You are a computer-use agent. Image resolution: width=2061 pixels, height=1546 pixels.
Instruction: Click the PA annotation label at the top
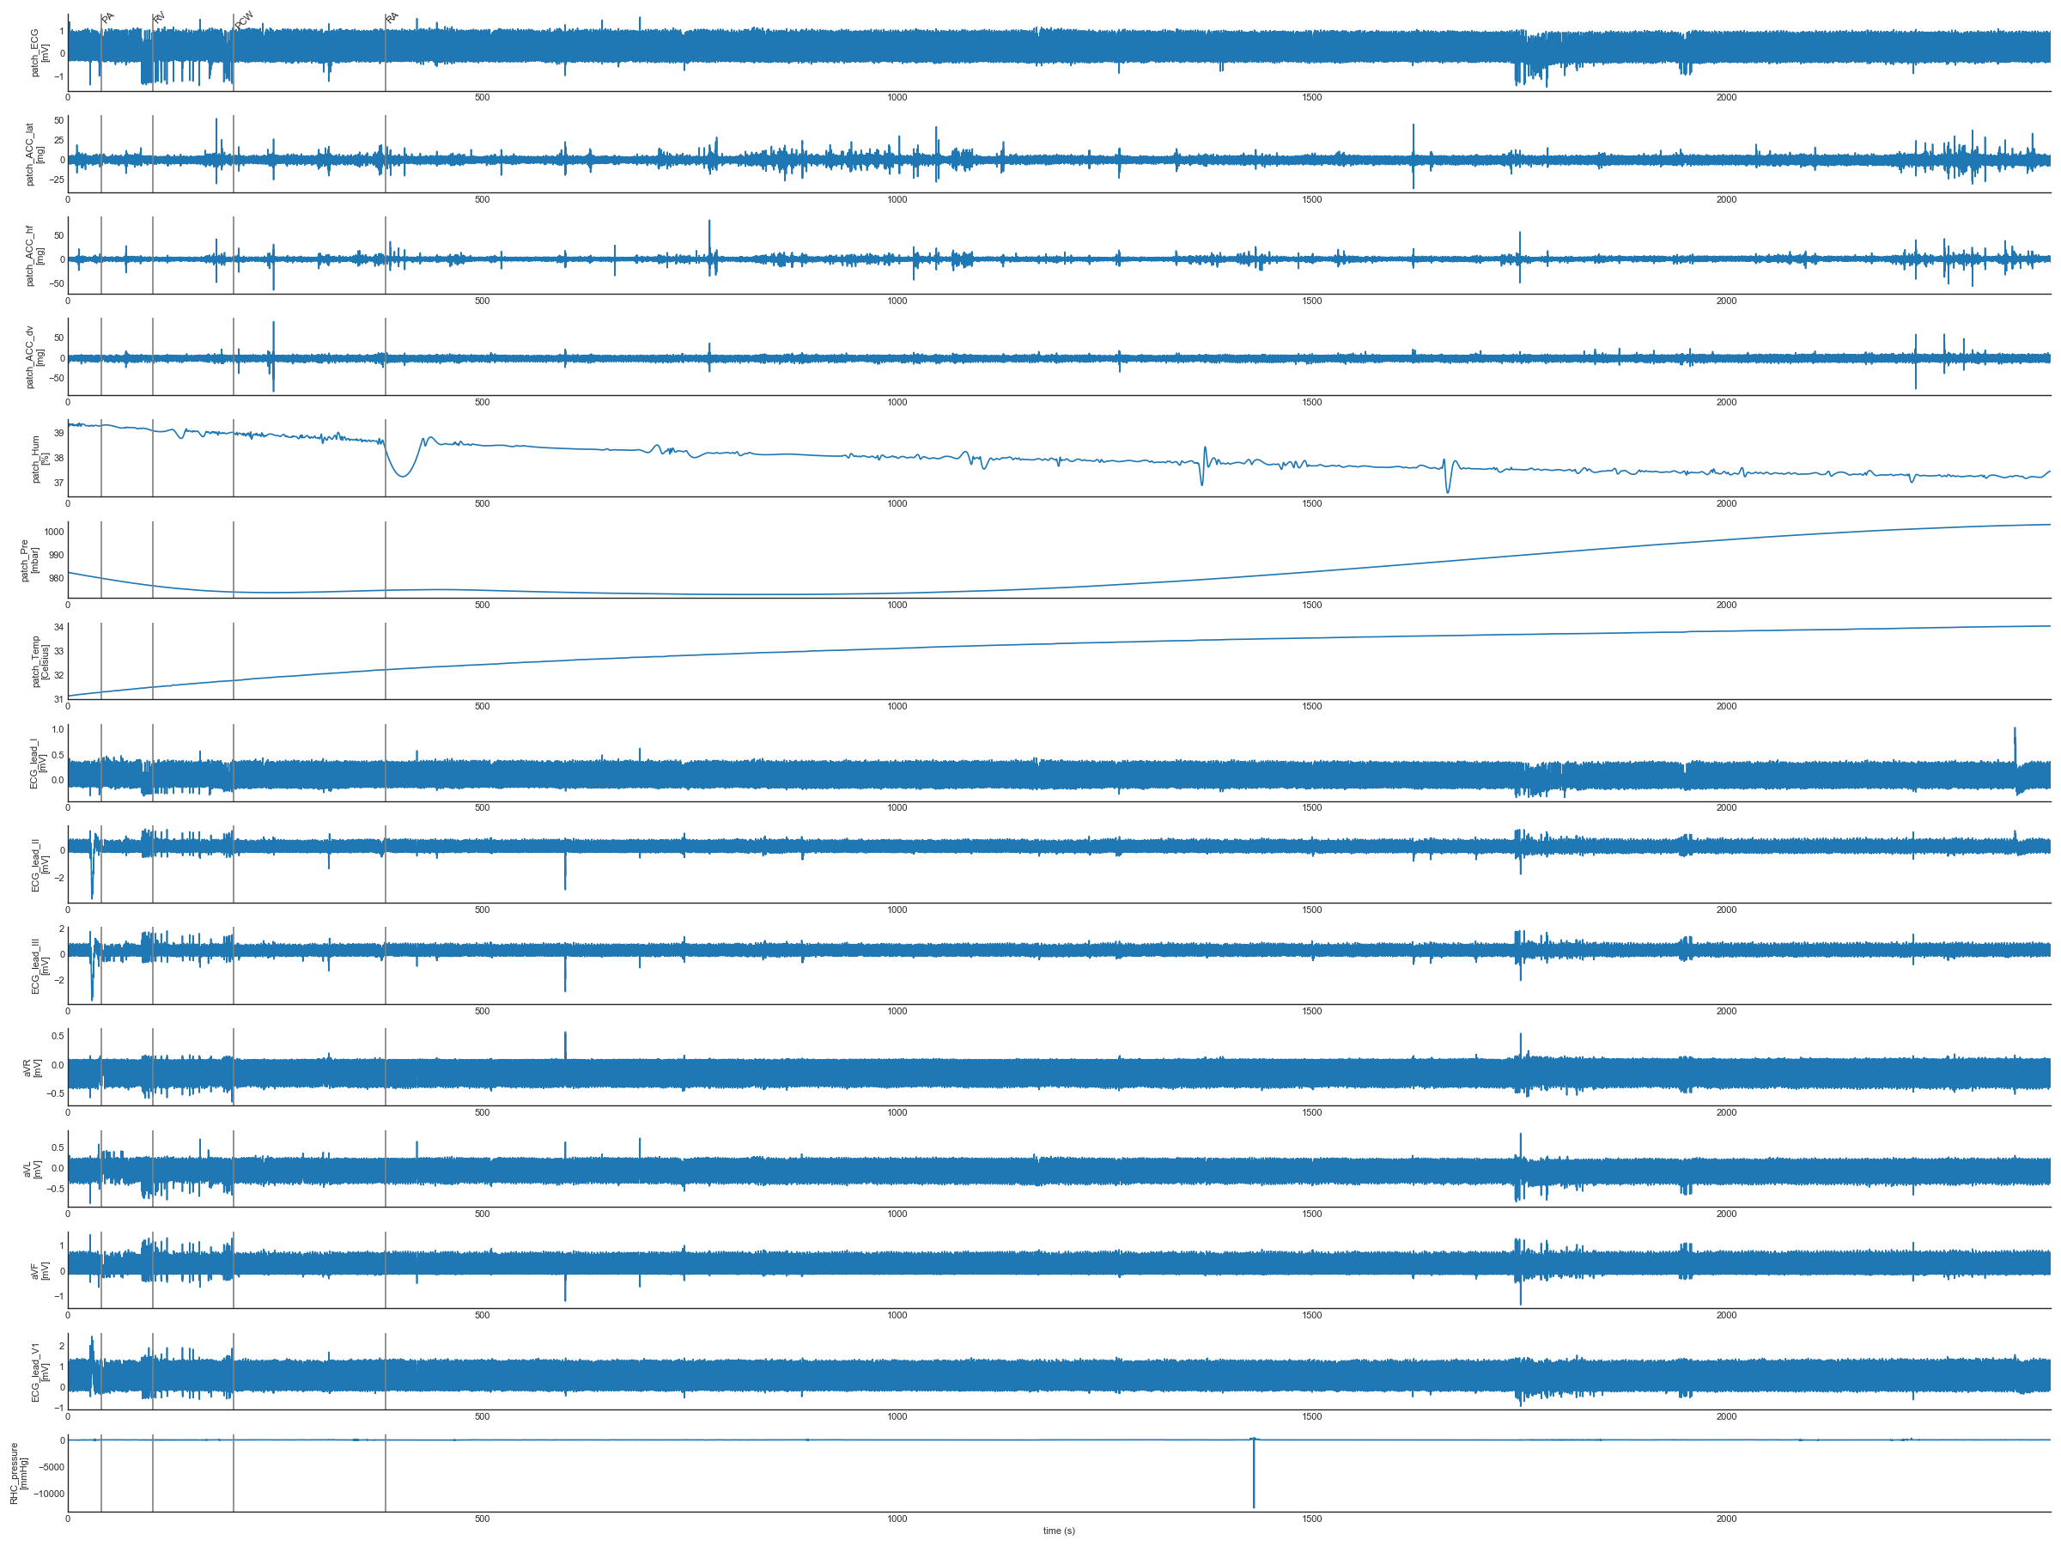[x=108, y=18]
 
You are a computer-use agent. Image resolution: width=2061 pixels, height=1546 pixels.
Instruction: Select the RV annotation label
[x=160, y=18]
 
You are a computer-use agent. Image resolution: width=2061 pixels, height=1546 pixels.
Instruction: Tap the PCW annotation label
[x=244, y=20]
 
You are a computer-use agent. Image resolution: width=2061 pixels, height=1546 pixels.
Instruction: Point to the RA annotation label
[x=392, y=18]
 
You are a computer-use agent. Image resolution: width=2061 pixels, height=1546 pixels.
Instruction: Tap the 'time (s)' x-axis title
[x=1059, y=1531]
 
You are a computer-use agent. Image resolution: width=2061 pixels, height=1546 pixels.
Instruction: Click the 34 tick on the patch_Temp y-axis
[x=58, y=627]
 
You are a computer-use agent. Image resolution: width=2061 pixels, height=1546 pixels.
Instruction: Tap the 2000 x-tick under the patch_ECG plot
[x=1725, y=98]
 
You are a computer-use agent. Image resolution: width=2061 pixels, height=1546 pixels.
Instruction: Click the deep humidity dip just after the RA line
[x=403, y=475]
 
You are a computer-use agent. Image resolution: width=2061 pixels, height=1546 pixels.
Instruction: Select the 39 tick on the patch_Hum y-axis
[x=58, y=434]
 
